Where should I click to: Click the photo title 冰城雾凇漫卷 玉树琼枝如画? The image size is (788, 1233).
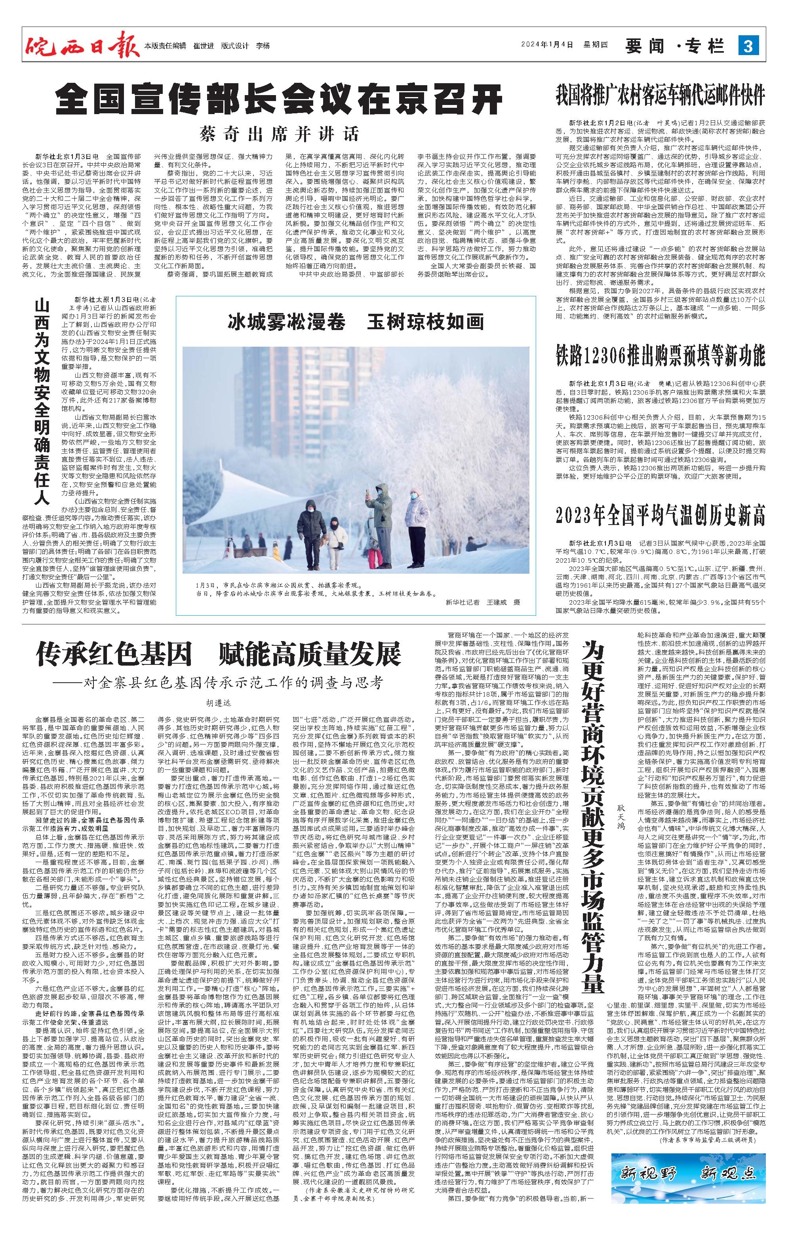pos(356,322)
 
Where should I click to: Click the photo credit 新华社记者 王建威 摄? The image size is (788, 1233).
pos(476,602)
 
